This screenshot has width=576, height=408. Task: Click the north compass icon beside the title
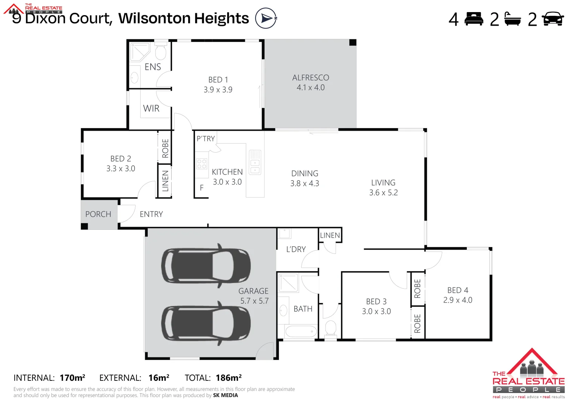[x=266, y=18]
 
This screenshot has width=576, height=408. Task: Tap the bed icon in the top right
[x=474, y=19]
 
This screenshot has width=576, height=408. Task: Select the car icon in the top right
[x=553, y=19]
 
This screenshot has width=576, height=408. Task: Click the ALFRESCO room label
[x=310, y=77]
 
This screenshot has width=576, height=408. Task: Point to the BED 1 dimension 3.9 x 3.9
[x=218, y=90]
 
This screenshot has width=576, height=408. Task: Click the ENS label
[x=153, y=67]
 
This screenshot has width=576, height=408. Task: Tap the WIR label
[x=151, y=108]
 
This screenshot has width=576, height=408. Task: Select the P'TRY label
[x=206, y=139]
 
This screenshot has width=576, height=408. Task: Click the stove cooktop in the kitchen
[x=202, y=164]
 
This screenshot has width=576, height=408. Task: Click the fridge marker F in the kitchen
[x=202, y=188]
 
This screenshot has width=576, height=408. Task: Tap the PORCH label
[x=98, y=214]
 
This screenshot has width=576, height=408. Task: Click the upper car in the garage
[x=206, y=266]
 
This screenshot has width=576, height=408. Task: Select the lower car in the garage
[x=206, y=323]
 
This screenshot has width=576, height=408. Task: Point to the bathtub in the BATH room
[x=301, y=332]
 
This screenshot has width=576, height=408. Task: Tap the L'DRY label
[x=296, y=249]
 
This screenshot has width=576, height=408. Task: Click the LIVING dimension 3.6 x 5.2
[x=383, y=193]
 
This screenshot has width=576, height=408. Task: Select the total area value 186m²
[x=229, y=378]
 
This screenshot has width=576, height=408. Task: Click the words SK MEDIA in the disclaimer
[x=226, y=396]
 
